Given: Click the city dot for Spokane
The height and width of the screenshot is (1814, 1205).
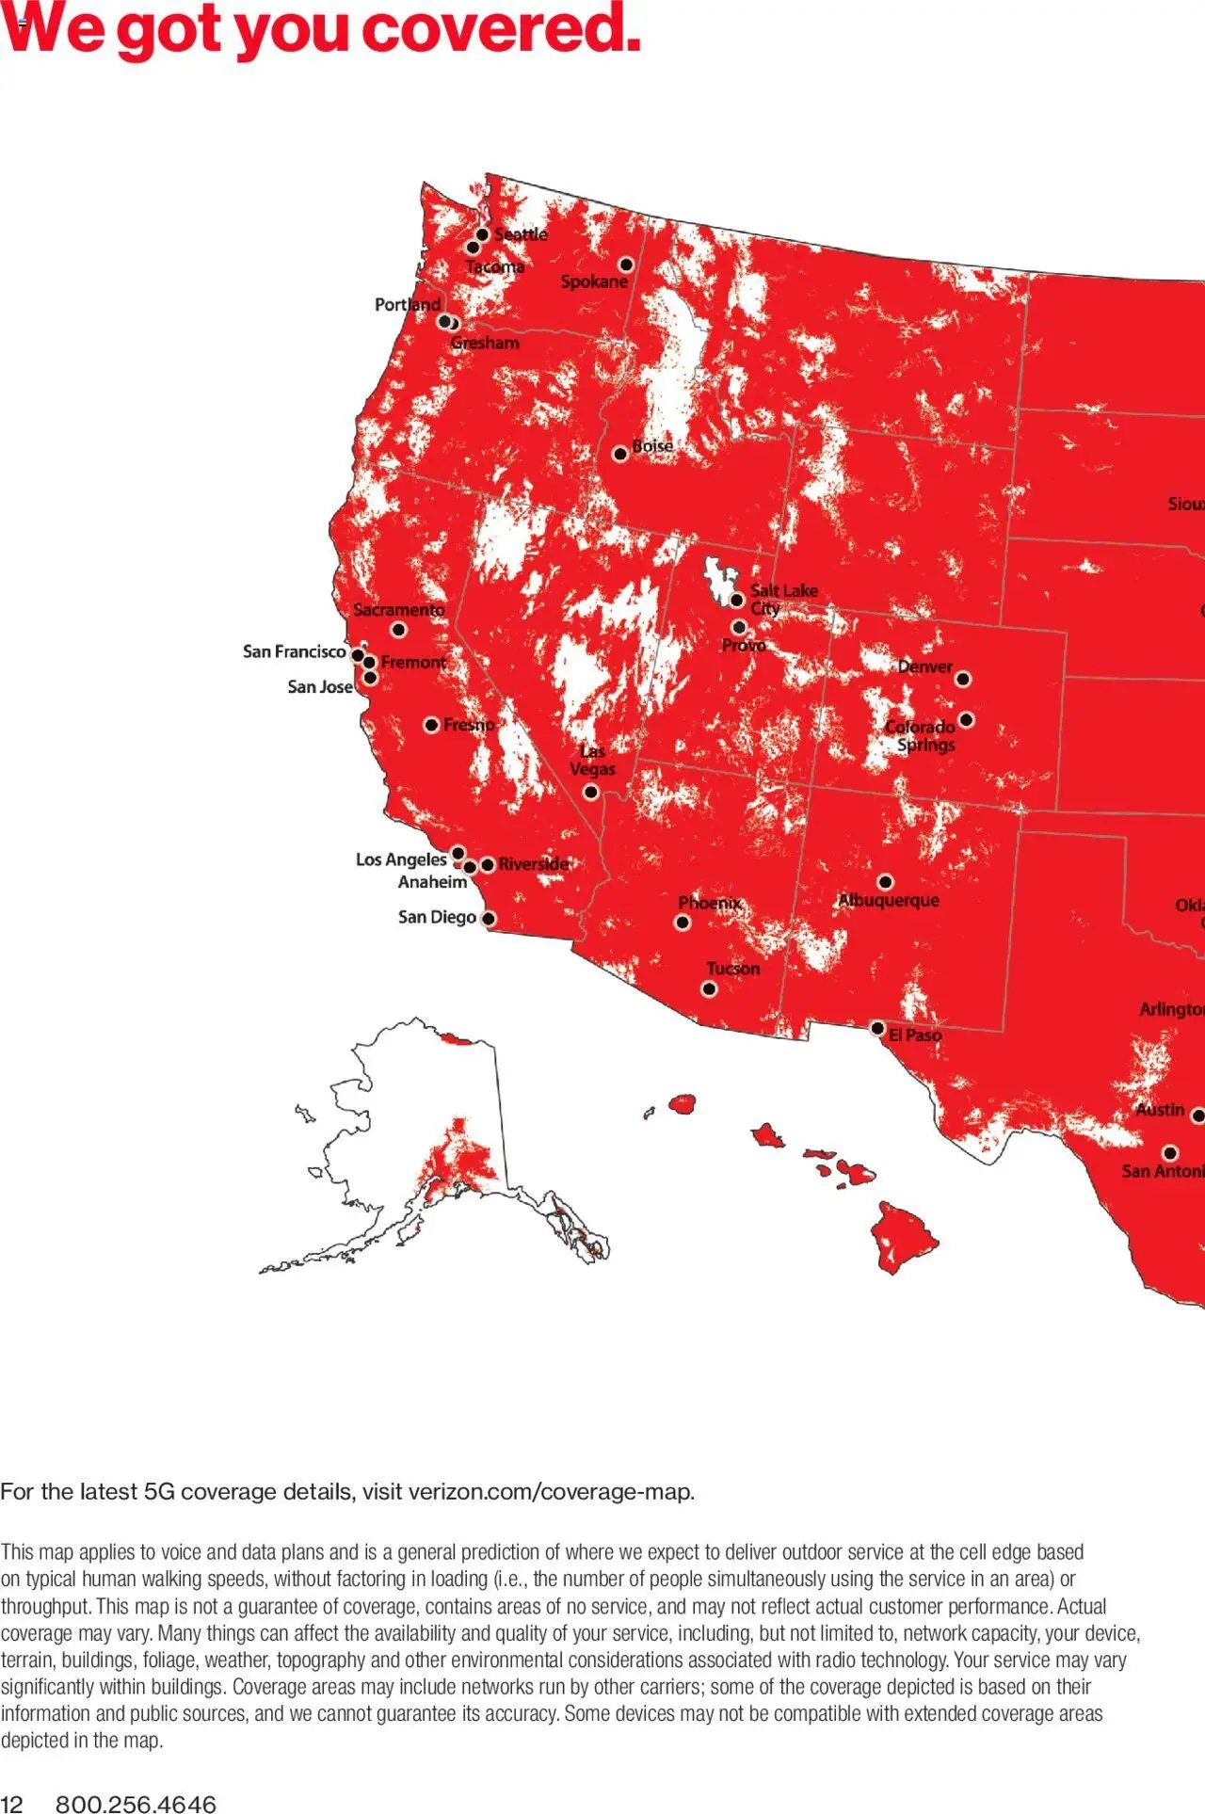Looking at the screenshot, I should tap(626, 265).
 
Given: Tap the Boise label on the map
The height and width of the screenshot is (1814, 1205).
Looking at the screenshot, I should tap(652, 445).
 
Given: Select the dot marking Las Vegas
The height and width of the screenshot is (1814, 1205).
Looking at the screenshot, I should tap(591, 792).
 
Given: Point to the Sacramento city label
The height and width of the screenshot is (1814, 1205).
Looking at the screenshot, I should tap(399, 610).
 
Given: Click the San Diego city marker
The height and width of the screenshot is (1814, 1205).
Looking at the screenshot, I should tap(489, 918).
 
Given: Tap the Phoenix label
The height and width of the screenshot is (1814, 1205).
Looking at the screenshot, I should tap(710, 903).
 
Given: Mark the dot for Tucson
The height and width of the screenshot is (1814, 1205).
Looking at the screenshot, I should tap(709, 988).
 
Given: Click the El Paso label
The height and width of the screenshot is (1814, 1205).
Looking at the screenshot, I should tap(915, 1035).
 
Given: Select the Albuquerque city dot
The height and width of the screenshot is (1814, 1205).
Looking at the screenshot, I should tap(885, 882).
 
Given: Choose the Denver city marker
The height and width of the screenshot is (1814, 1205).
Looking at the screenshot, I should tap(963, 679).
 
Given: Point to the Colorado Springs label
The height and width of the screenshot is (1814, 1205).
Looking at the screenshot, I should tap(922, 735).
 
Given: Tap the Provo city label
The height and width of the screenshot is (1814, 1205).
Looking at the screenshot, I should tap(744, 645).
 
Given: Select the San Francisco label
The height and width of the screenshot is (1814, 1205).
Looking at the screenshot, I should tap(294, 651).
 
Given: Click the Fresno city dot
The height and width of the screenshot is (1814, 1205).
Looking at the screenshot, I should tap(431, 725).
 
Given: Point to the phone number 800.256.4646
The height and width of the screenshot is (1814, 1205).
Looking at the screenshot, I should tap(136, 1804).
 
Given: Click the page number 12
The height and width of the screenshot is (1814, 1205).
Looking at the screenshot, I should tap(11, 1804).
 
